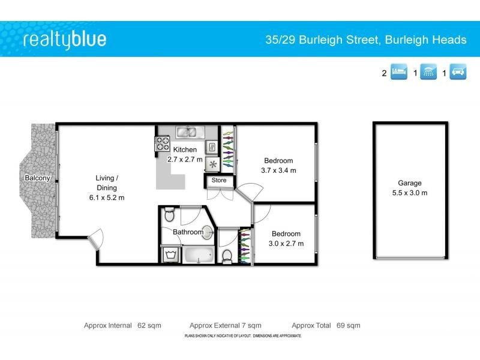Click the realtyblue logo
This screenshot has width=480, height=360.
[65, 40]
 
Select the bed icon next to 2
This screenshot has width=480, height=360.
[399, 73]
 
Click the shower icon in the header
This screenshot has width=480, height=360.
[428, 73]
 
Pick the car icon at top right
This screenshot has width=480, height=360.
[458, 73]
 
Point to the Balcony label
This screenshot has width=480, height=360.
[37, 178]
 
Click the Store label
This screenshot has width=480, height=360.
[219, 180]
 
